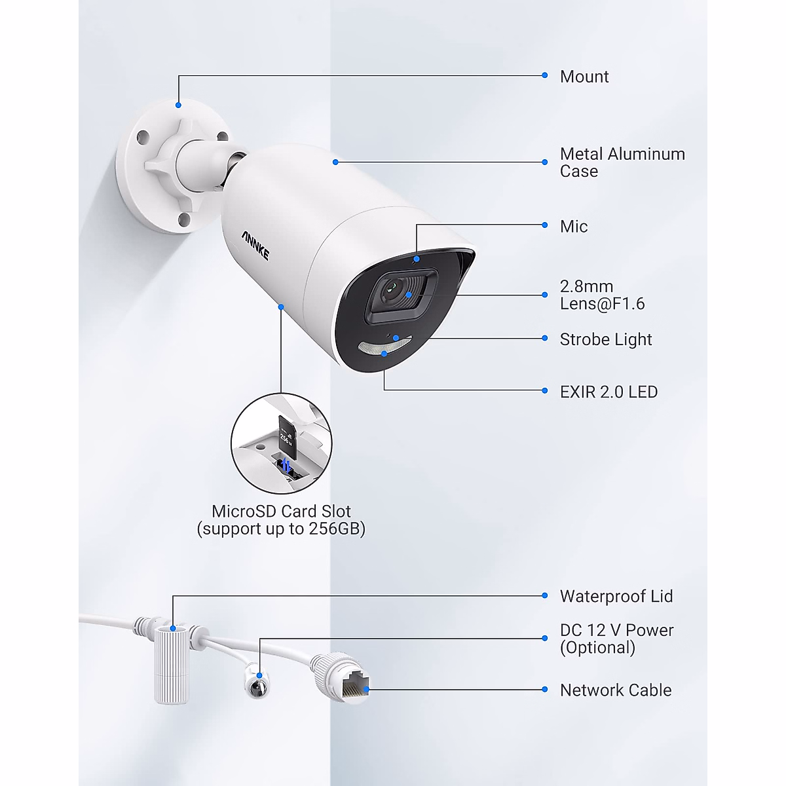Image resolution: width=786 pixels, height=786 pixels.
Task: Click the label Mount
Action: (x=584, y=77)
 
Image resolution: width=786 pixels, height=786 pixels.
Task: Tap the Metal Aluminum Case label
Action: (x=622, y=162)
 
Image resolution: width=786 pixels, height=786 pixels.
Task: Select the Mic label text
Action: (x=574, y=227)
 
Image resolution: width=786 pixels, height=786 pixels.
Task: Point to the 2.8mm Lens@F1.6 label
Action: (x=602, y=295)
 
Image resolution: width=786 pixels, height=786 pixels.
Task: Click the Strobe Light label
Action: (x=606, y=339)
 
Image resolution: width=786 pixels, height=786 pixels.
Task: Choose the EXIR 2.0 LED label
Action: (x=608, y=392)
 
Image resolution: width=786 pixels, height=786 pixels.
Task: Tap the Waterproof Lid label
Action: (x=616, y=596)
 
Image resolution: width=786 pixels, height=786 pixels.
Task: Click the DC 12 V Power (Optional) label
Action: (x=616, y=639)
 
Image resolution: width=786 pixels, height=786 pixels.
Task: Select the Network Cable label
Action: (x=616, y=690)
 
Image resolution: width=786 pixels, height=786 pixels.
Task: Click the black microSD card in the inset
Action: (x=286, y=435)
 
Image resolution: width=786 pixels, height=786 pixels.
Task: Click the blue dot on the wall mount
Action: (x=178, y=103)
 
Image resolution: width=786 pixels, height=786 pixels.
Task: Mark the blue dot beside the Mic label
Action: (x=545, y=225)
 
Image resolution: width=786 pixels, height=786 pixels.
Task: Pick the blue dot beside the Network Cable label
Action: (x=545, y=689)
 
